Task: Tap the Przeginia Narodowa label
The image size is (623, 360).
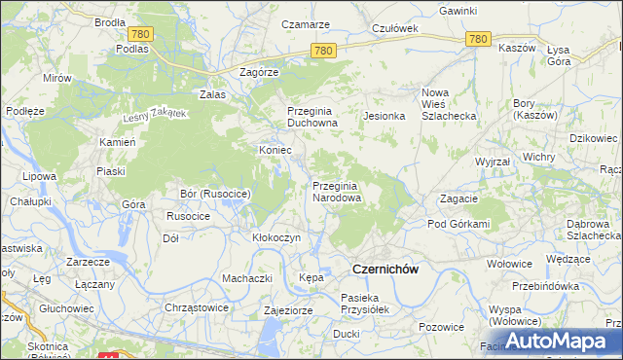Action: [337, 192]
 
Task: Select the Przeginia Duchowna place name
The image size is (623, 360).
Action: [311, 117]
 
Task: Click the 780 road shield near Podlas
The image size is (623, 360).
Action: [140, 34]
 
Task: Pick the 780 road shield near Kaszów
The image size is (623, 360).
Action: [477, 39]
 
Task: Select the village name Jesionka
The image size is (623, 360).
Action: [384, 116]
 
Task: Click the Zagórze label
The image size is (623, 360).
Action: [260, 72]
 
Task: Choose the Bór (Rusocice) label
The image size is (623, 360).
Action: [216, 195]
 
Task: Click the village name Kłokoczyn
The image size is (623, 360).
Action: [275, 237]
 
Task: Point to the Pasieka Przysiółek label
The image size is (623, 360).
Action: [364, 304]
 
